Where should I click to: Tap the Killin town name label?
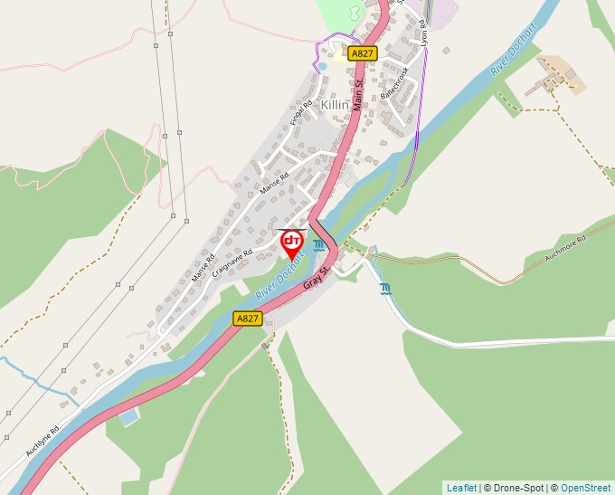coord(335,105)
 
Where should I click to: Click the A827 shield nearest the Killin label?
coord(362,53)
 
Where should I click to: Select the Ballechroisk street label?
coord(395,82)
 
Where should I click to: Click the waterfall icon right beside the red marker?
coord(318,245)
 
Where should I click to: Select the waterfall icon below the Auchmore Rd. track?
coord(386,289)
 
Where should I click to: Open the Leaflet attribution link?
coord(461,488)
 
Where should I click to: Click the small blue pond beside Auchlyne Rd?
coord(129,416)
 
